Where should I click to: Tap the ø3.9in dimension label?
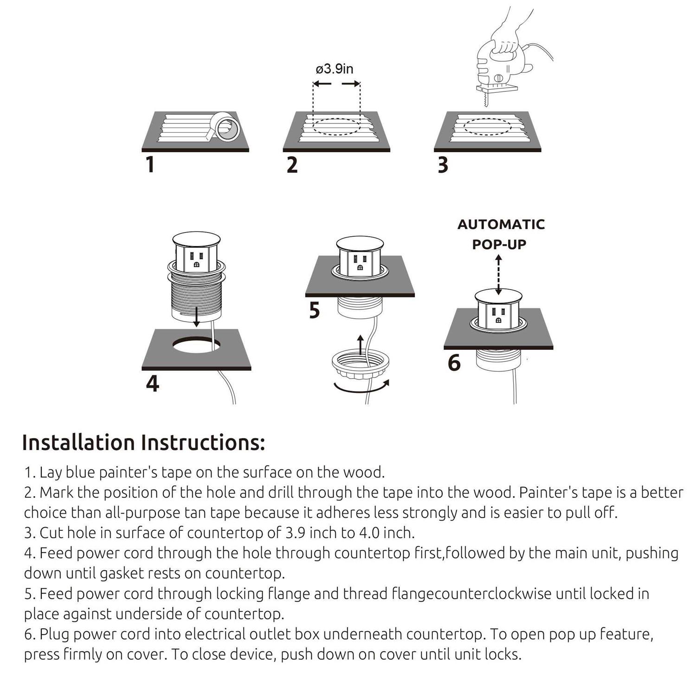point(335,69)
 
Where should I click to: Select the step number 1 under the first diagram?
point(150,165)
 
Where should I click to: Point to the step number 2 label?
point(292,165)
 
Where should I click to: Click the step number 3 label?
point(443,165)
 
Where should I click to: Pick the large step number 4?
point(152,384)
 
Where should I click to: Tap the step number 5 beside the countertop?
point(315,310)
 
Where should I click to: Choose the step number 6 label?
point(454,363)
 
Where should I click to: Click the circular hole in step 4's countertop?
point(197,345)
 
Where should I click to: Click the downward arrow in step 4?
point(197,318)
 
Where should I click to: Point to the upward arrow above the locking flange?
point(361,344)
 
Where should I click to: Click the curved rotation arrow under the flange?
point(361,387)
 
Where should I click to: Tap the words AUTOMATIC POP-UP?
point(501,234)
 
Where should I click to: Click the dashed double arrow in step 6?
point(499,276)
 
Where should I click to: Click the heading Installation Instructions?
point(143,443)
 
